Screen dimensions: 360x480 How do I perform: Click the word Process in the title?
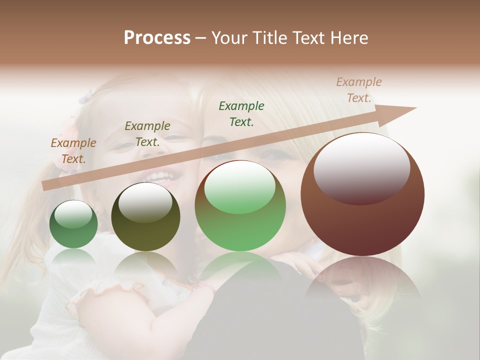tap(157, 38)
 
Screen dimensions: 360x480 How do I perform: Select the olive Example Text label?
tap(147, 134)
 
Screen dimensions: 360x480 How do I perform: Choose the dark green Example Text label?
tap(241, 113)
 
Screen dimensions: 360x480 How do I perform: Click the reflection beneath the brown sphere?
tap(362, 285)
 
